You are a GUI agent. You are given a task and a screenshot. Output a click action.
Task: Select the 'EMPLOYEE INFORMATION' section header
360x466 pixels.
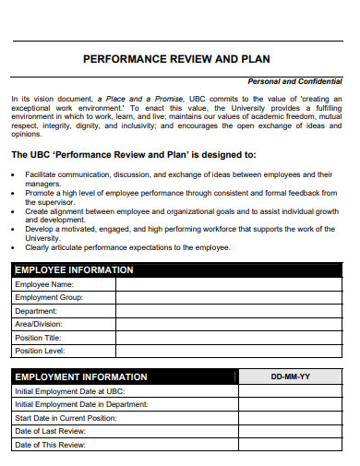click(x=75, y=270)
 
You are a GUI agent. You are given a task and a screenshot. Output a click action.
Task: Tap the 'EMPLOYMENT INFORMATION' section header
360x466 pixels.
click(x=81, y=376)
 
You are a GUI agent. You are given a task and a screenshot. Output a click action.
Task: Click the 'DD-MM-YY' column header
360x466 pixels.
click(x=291, y=377)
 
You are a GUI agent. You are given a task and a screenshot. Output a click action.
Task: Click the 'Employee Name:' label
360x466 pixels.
click(x=43, y=285)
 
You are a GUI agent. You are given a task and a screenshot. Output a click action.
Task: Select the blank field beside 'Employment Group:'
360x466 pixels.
click(x=231, y=298)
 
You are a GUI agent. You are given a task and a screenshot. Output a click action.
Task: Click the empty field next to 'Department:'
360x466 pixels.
click(x=231, y=312)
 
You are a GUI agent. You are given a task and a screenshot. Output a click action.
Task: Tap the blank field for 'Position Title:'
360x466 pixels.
click(x=231, y=338)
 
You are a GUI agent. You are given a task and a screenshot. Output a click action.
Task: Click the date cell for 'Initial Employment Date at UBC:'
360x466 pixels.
click(x=291, y=391)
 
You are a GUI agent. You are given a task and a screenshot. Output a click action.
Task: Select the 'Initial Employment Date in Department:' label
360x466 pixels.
click(x=81, y=404)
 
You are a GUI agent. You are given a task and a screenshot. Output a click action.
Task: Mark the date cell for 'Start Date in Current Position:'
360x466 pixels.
click(x=291, y=418)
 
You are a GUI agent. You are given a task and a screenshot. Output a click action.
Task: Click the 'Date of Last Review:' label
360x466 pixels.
click(x=51, y=431)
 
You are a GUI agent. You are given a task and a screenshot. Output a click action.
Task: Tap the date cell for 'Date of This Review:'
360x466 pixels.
click(x=291, y=445)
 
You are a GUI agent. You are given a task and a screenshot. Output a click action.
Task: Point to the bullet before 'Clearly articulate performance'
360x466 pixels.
click(x=17, y=247)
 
